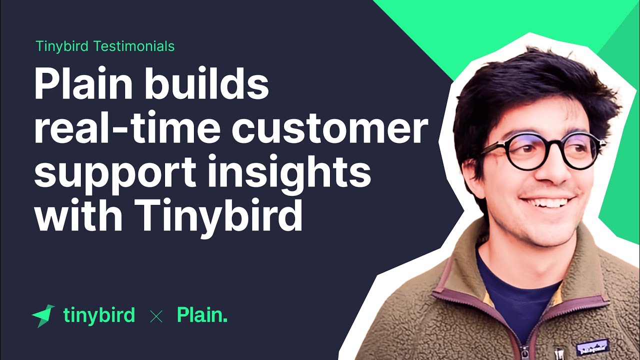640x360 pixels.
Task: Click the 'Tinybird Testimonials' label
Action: coord(105,46)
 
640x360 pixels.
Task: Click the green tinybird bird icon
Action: coord(43,315)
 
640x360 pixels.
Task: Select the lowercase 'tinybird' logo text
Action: coord(99,315)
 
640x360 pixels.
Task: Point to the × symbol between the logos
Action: coord(156,316)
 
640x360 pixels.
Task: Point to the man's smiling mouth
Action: coord(547,202)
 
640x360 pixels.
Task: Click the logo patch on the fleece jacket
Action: coord(592,346)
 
